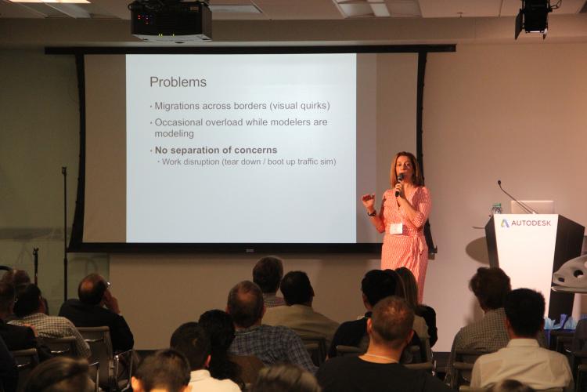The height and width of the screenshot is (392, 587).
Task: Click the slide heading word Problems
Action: pyautogui.click(x=178, y=82)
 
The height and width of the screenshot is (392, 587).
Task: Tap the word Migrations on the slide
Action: pyautogui.click(x=177, y=106)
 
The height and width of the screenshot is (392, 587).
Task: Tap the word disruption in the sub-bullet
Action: pyautogui.click(x=201, y=162)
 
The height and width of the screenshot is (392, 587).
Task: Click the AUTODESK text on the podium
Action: pyautogui.click(x=531, y=223)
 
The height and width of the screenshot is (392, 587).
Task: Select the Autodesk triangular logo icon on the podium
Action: pyautogui.click(x=505, y=223)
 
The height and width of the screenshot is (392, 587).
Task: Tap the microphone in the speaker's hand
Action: pyautogui.click(x=398, y=184)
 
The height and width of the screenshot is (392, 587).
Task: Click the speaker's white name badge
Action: pyautogui.click(x=397, y=228)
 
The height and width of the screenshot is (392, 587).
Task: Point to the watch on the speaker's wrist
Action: pyautogui.click(x=371, y=213)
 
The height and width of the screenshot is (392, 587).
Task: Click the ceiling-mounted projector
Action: pyautogui.click(x=171, y=20)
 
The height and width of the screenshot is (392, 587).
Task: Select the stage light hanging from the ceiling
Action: pyautogui.click(x=534, y=17)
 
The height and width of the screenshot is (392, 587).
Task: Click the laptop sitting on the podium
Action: pyautogui.click(x=532, y=208)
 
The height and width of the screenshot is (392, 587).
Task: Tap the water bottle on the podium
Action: pyautogui.click(x=496, y=209)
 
